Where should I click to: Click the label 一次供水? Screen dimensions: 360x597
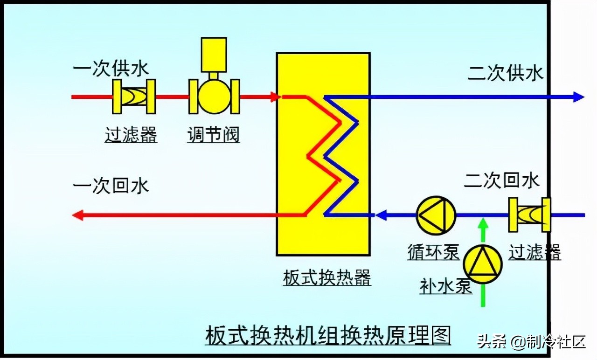tap(111, 69)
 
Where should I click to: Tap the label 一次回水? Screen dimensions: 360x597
tap(111, 186)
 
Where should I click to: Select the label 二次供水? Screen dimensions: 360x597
tap(506, 74)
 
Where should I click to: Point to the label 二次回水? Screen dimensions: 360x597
tap(502, 180)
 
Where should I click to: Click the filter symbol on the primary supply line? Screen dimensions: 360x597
tap(134, 97)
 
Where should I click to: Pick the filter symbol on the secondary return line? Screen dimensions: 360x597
tap(530, 215)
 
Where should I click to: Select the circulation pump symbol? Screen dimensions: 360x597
tap(436, 215)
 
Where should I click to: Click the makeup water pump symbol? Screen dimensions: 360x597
tap(483, 264)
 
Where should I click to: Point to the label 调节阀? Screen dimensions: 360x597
tap(214, 135)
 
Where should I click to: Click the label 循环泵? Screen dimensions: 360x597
tap(433, 252)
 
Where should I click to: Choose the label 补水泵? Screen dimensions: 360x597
tap(446, 286)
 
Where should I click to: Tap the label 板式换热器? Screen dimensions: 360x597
tap(327, 278)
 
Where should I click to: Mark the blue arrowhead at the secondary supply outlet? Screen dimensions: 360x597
tap(578, 97)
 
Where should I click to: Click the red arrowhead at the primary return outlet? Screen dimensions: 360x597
tap(78, 215)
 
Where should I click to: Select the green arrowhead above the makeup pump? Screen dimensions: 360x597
tap(483, 224)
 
